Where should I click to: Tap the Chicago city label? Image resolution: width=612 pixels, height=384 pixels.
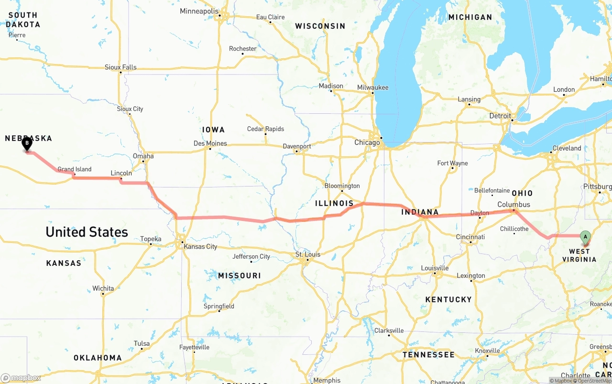click(x=367, y=143)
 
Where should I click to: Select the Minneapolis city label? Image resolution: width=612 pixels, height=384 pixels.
click(x=199, y=11)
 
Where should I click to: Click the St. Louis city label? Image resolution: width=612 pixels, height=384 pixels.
click(x=308, y=254)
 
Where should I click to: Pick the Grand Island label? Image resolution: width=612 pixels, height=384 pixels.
click(x=74, y=169)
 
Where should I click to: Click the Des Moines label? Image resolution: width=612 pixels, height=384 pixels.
click(x=210, y=143)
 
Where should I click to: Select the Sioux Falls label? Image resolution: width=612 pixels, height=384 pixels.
click(x=120, y=67)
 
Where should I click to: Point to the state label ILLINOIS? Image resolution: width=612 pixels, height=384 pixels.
click(x=334, y=203)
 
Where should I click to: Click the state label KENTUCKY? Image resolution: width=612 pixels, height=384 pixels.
click(x=448, y=299)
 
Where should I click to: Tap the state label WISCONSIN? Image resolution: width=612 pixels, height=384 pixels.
click(x=320, y=26)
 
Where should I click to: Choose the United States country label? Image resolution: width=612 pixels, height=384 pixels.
click(x=87, y=232)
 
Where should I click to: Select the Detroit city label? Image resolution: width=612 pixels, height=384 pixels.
click(x=500, y=116)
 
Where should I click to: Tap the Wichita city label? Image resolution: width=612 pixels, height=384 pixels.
click(x=103, y=288)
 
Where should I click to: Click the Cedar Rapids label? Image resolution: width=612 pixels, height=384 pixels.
click(x=265, y=129)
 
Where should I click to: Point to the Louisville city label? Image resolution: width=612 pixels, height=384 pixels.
click(x=435, y=268)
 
